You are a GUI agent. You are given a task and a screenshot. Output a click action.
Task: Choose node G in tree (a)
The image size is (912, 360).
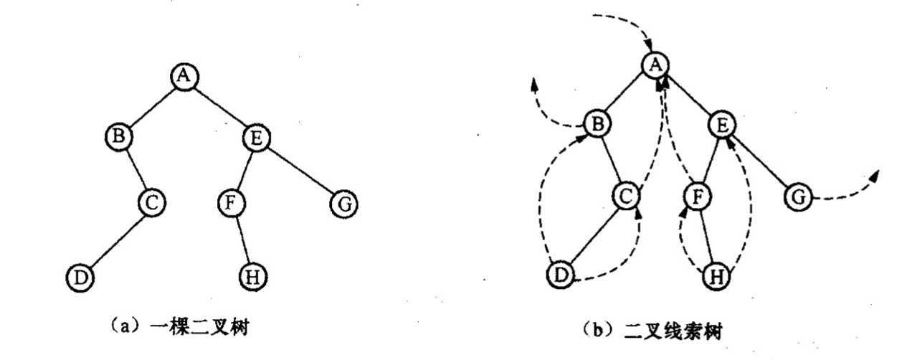click(x=342, y=204)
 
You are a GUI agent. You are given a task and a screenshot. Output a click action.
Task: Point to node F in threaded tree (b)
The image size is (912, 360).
click(x=693, y=195)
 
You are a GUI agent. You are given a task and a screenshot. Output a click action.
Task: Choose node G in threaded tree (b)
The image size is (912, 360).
click(x=799, y=195)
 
